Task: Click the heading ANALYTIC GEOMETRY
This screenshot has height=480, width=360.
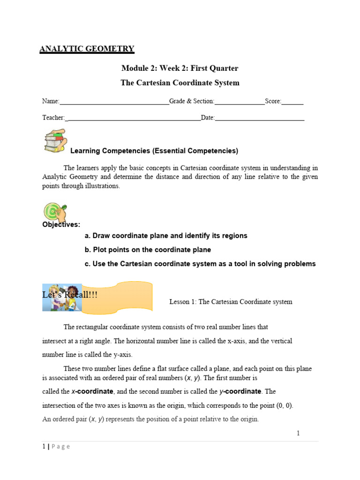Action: tap(87, 49)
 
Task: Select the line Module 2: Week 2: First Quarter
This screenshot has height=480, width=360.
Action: tap(180, 68)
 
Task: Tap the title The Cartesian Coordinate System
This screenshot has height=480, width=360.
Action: tap(180, 83)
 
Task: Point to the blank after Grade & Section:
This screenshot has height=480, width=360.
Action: tap(239, 102)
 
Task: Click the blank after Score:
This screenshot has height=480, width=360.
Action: tap(292, 102)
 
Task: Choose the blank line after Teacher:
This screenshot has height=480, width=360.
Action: tap(134, 119)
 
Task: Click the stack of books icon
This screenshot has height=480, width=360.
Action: tap(55, 141)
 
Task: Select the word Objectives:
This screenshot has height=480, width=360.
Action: tap(61, 225)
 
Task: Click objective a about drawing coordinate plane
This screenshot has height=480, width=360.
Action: tap(166, 236)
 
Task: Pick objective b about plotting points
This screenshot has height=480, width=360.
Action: tap(148, 250)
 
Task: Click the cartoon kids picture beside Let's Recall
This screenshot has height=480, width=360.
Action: tap(62, 297)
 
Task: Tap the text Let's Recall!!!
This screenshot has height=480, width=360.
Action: tap(70, 294)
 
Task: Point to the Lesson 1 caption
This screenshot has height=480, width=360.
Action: tap(231, 302)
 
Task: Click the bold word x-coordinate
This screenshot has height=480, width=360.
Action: tap(92, 391)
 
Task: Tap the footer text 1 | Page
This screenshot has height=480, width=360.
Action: tap(56, 447)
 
